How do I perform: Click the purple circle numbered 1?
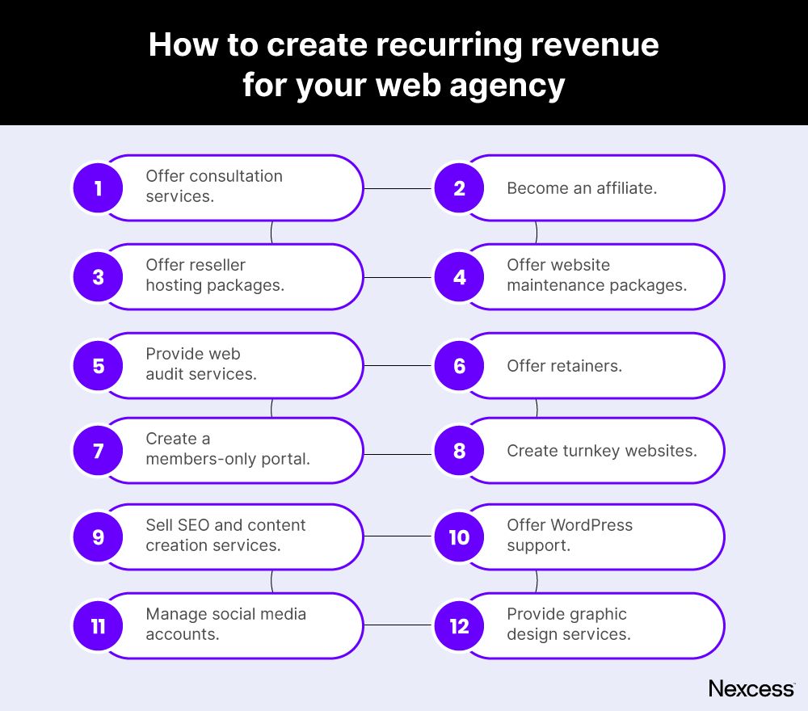coord(98,188)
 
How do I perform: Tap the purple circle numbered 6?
coord(459,366)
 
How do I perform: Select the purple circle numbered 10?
coord(459,536)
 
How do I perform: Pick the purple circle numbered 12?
coord(459,626)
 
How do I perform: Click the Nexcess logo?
coord(751,688)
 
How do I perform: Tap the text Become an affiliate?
coord(582,188)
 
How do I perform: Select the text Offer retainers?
coord(564,366)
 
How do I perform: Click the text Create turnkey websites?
coord(601,451)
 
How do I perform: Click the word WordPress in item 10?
coord(592,525)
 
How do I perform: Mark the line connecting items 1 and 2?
coord(398,188)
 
